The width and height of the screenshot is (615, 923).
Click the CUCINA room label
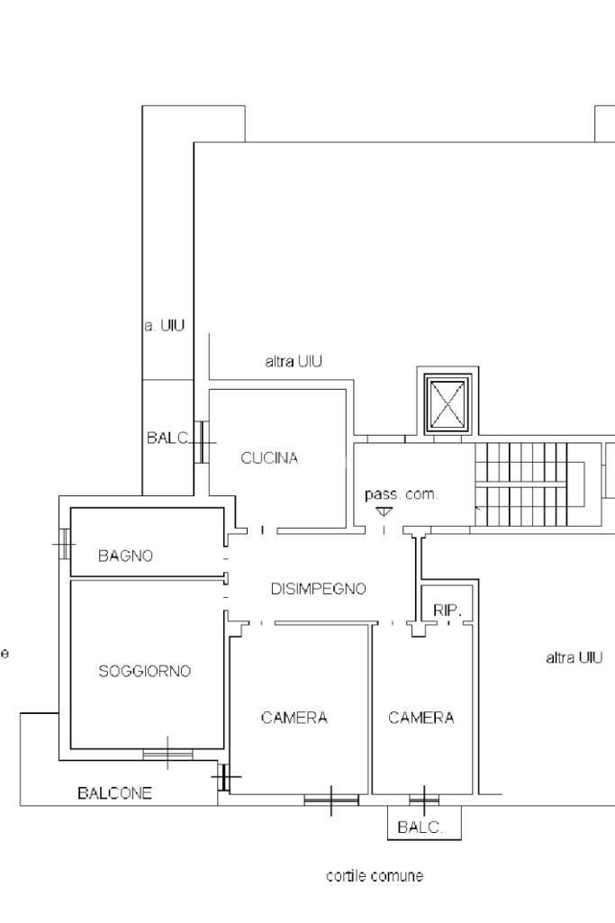[269, 458]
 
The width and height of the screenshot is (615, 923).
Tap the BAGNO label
[125, 556]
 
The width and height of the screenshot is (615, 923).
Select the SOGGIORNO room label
[144, 671]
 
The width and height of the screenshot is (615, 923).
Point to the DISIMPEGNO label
[319, 589]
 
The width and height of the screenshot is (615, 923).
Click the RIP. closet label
[447, 611]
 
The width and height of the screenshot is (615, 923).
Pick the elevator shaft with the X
[448, 403]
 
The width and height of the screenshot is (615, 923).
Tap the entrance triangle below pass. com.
[384, 511]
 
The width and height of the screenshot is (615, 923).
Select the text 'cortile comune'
[375, 876]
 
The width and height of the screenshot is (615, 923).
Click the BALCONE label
[114, 793]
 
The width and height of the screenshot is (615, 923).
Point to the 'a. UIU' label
[164, 325]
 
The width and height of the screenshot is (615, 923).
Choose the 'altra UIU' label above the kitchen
[294, 361]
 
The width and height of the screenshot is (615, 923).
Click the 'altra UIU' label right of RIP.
[574, 657]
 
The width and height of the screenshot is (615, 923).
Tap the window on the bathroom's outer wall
[64, 543]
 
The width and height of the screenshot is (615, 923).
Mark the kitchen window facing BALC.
[202, 441]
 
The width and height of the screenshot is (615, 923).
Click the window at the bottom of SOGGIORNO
[167, 754]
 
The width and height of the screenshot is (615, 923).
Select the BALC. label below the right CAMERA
[421, 828]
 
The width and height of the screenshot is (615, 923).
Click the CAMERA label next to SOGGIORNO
[294, 718]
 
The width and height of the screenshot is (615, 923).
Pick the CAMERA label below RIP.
[421, 718]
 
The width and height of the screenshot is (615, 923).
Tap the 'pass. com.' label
[402, 494]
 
